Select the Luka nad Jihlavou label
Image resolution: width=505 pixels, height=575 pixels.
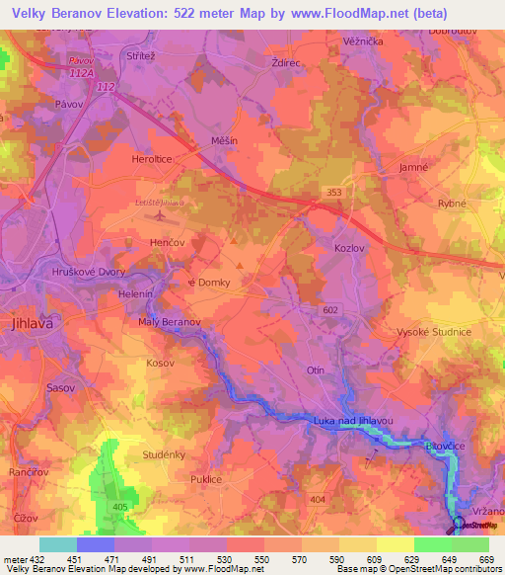(x=353, y=421)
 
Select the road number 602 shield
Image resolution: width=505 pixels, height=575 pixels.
(x=329, y=310)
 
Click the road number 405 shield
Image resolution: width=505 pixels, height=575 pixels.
(x=121, y=507)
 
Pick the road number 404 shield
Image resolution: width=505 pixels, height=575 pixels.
(x=318, y=501)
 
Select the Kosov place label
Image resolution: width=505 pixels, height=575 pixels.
(x=132, y=365)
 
